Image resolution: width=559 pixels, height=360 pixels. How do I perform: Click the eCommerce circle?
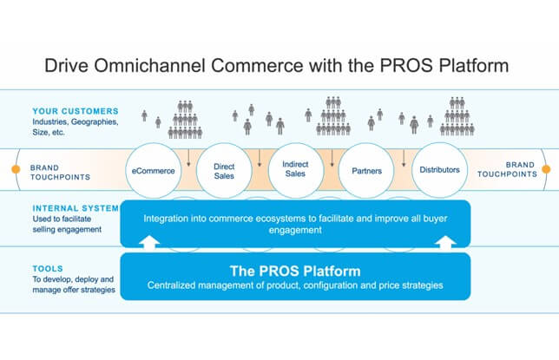coord(154,171)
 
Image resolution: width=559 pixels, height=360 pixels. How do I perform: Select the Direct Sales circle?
coord(224,171)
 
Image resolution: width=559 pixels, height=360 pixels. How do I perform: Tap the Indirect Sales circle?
coord(295,170)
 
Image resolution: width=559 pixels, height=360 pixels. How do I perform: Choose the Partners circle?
coord(366,171)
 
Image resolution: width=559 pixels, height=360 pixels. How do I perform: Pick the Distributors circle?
coord(439,170)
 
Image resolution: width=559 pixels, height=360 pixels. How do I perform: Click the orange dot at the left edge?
coord(16,169)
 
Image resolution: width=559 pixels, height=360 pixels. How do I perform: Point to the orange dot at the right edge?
coord(546,169)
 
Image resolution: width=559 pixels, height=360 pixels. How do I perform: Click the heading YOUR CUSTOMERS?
coord(76,111)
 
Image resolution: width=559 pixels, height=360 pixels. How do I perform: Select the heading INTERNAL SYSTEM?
coord(76,208)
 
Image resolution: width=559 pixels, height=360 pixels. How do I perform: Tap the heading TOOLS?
coord(48,268)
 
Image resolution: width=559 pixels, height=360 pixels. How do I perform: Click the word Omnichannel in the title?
coord(149,66)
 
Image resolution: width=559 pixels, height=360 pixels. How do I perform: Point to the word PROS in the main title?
coord(406,66)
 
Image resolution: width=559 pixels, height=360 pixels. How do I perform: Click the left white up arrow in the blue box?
coord(149,241)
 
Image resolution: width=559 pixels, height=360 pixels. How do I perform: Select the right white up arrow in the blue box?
coord(445,241)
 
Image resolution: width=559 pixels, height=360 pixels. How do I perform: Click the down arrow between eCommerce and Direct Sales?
coord(188,158)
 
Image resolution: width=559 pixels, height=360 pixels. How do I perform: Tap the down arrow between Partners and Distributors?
coord(404,158)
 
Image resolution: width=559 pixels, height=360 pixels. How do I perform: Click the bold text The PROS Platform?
coord(295,271)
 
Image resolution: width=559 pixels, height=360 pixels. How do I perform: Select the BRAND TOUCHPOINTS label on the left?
coord(60,172)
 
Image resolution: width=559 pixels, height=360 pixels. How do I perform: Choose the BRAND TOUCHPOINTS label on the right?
coord(507,169)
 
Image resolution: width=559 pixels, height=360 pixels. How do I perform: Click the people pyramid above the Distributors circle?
coord(457,116)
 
